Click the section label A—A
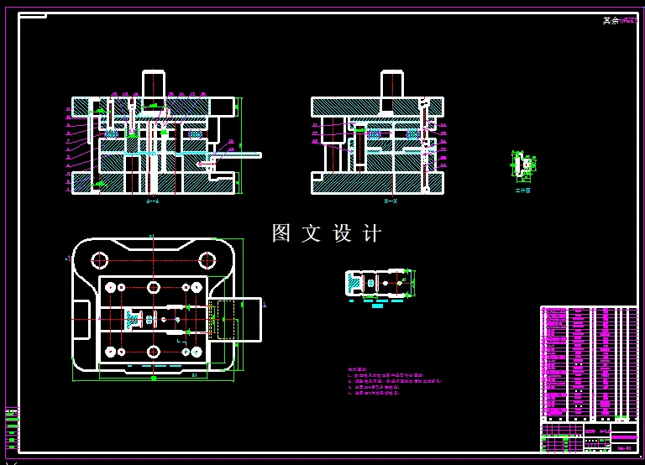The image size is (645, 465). (x=153, y=201)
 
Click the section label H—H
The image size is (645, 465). (x=391, y=201)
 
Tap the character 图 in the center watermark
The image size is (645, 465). (x=281, y=233)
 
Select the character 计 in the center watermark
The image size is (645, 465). (x=371, y=233)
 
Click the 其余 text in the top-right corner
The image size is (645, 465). (x=611, y=21)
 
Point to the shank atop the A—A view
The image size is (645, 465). (x=153, y=84)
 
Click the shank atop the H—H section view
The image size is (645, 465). (x=391, y=84)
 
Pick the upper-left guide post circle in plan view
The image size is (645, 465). (x=100, y=259)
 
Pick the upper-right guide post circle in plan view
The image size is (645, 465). (x=206, y=259)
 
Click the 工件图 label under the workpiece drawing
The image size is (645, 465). (x=522, y=191)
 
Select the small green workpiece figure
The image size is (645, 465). (x=522, y=166)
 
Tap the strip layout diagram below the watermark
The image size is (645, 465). (x=379, y=283)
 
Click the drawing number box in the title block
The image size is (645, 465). (x=623, y=448)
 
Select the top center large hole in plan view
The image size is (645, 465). (x=153, y=287)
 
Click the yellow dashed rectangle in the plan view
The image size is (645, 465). (x=226, y=319)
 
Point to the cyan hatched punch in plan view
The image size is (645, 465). (x=133, y=319)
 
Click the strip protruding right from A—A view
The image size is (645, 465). (x=239, y=155)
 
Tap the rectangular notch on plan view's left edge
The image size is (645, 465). (x=81, y=319)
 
